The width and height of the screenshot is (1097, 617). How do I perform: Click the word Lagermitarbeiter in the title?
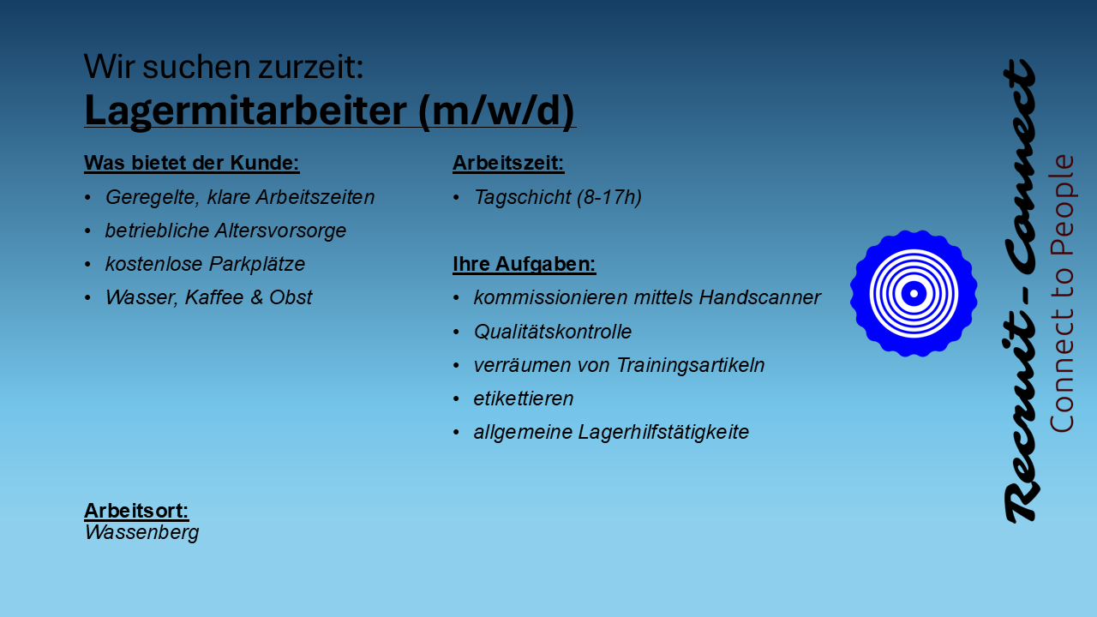[x=245, y=111]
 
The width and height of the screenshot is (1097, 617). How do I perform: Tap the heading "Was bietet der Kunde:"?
[x=191, y=163]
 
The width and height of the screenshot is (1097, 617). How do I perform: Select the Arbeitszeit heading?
[x=508, y=163]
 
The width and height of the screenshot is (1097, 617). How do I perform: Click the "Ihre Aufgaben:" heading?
[x=524, y=264]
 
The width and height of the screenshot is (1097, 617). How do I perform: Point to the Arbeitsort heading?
[x=136, y=511]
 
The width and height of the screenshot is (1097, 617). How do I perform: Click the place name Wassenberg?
[x=141, y=533]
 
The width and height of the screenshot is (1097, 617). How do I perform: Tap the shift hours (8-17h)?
[x=609, y=197]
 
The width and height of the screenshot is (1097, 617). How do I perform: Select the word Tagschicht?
[x=523, y=197]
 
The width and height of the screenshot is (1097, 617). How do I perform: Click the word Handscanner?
[x=759, y=297]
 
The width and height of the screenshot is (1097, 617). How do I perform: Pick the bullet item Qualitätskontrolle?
[x=553, y=332]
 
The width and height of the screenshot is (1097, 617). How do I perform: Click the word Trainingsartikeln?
[x=691, y=365]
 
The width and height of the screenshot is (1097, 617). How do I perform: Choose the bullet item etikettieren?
[x=524, y=398]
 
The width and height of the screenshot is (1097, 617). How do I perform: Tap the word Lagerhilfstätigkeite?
[x=663, y=432]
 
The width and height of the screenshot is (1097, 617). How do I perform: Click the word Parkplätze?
[x=256, y=264]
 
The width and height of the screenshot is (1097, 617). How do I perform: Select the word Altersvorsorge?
[x=280, y=231]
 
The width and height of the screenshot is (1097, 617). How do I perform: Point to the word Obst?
[x=291, y=297]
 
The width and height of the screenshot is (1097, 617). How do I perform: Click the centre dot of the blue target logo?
[x=914, y=293]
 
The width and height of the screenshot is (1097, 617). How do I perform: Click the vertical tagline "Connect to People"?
[x=1062, y=294]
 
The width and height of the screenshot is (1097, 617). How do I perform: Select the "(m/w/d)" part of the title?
[x=496, y=111]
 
